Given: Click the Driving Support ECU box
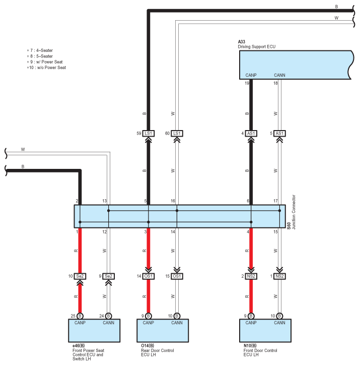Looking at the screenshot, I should (x=294, y=65).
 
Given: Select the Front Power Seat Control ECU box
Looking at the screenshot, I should (x=94, y=330).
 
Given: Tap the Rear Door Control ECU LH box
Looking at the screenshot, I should (x=163, y=330).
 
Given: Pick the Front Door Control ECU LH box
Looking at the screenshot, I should (x=264, y=330).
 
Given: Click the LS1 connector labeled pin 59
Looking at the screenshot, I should (x=148, y=134).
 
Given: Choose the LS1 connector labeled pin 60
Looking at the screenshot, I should (x=177, y=134).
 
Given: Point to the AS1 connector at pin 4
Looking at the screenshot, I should (x=251, y=134).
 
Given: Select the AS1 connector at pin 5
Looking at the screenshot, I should (x=279, y=134).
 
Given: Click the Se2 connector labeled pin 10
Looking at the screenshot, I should (x=80, y=276).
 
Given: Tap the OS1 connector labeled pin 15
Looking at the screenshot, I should (x=177, y=276).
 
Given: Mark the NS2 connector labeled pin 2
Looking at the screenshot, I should (x=251, y=276).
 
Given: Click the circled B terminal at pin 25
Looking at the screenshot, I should (x=80, y=316).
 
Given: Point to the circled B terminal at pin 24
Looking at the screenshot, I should (x=109, y=316).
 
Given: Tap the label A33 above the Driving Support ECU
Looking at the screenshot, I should (x=242, y=42).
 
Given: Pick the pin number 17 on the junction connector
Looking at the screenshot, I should (x=275, y=201).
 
